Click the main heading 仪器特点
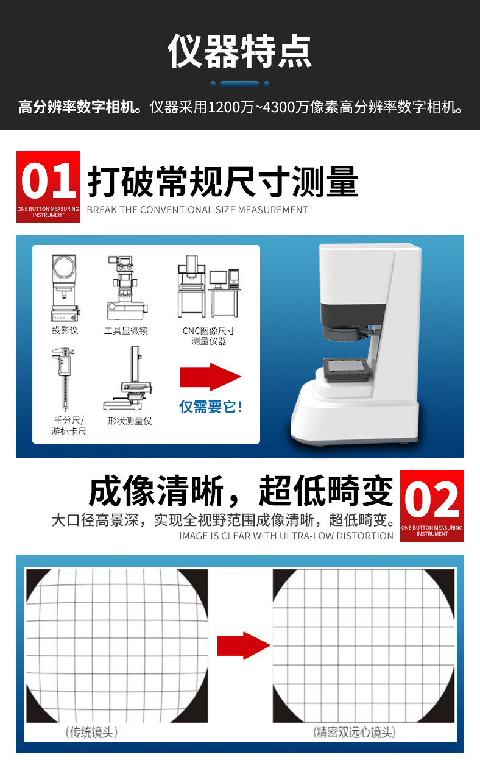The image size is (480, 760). tap(239, 51)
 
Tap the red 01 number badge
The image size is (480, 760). tap(48, 187)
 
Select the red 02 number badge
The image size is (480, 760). tap(432, 505)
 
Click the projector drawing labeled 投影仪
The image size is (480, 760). tap(65, 288)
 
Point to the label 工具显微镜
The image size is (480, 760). tap(126, 330)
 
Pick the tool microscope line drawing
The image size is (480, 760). tap(127, 288)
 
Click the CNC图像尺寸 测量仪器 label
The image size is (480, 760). tap(208, 336)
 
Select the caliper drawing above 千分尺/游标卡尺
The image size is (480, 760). tap(64, 378)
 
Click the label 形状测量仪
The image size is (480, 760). tap(130, 421)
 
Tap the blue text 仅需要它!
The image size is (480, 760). tap(211, 407)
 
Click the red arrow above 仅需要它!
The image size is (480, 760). tap(211, 377)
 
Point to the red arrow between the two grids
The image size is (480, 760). tap(244, 645)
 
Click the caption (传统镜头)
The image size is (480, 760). tap(91, 732)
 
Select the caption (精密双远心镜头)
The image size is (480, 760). tap(354, 732)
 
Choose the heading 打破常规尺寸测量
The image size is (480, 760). tap(222, 182)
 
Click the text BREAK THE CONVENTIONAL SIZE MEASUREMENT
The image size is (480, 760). tap(197, 210)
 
